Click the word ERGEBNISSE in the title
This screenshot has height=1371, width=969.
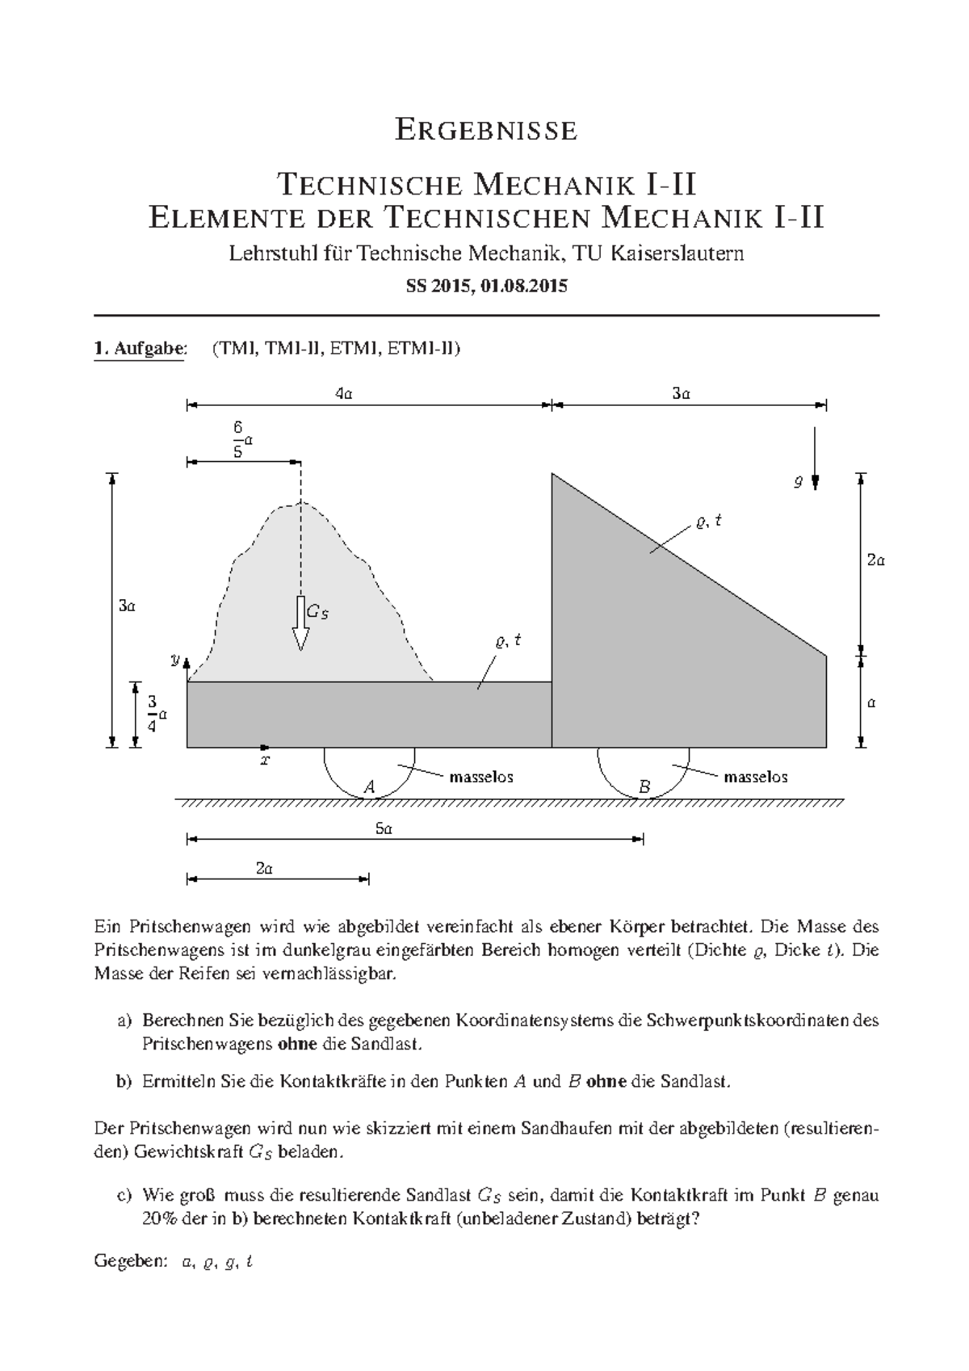[x=485, y=130]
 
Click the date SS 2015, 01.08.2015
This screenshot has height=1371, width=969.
[x=486, y=286]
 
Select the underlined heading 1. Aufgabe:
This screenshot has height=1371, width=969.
[x=140, y=349]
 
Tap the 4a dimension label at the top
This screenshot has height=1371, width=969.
[x=344, y=394]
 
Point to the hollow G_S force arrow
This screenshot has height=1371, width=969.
[x=300, y=624]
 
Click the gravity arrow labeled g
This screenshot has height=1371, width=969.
[x=815, y=460]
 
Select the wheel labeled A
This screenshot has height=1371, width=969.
[x=370, y=774]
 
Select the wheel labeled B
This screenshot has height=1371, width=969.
[x=644, y=774]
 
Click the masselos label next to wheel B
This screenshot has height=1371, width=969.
[x=755, y=778]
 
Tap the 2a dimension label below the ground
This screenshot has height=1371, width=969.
[x=264, y=869]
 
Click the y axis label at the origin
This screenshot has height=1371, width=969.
[x=174, y=660]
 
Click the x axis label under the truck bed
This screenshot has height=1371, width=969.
[x=265, y=760]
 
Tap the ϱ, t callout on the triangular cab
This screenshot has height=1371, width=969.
[x=708, y=522]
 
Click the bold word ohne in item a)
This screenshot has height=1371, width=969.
[x=297, y=1044]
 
